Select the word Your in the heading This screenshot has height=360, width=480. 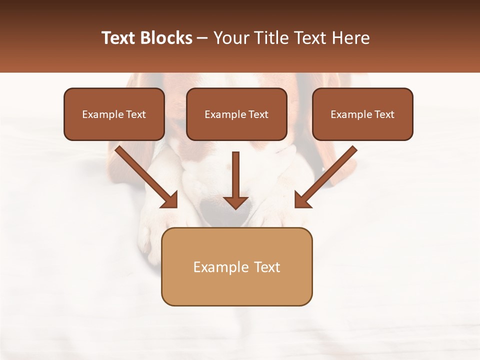coord(230,38)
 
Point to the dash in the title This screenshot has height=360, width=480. coord(202,38)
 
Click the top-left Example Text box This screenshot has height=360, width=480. coord(114,114)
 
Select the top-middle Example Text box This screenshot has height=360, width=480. coord(236,114)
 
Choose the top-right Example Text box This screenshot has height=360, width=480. coord(362,114)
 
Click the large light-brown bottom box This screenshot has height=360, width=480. coord(236,266)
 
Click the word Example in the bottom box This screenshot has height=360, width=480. coord(215,267)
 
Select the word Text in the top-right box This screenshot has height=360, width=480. coord(384,114)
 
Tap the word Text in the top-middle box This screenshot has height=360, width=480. coord(258,114)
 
